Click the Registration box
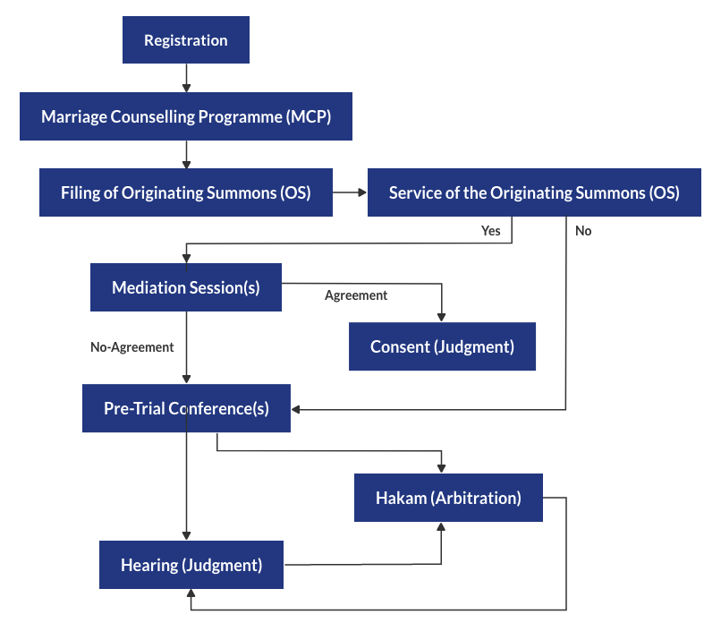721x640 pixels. coord(186,40)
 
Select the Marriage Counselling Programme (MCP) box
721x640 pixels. coord(186,116)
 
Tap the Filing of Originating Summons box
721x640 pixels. coord(186,192)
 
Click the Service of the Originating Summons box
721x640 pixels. coord(534,192)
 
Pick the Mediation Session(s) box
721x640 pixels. coord(186,287)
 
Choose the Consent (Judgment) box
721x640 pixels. coord(442,346)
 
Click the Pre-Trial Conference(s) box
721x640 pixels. coord(186,408)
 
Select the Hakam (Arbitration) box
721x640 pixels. coord(448,498)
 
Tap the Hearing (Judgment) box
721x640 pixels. coord(191,565)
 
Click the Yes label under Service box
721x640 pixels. coord(491,231)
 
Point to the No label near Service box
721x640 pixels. coord(583,231)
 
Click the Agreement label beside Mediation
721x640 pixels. coord(356,295)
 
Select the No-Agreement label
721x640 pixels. coord(132,346)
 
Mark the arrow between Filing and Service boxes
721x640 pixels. coord(350,192)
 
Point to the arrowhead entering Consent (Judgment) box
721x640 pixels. coord(442,316)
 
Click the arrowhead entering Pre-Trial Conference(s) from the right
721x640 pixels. coord(298,409)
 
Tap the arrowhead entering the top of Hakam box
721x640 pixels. coord(442,467)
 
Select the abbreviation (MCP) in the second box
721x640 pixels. coord(310,116)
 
